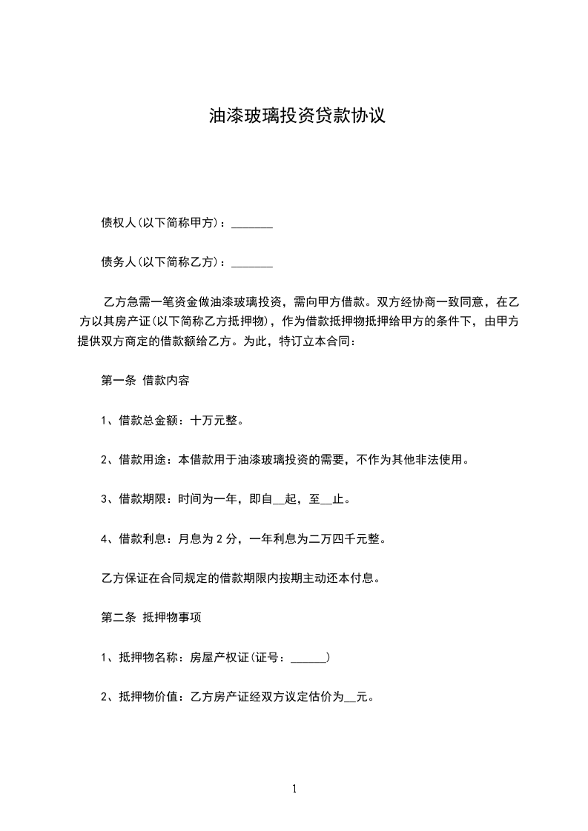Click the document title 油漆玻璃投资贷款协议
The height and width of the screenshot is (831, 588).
(297, 116)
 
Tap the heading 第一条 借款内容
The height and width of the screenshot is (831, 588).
(145, 381)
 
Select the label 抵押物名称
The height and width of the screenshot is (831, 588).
(146, 657)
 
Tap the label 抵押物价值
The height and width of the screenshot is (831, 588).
(146, 696)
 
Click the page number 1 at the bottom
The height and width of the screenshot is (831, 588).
(294, 789)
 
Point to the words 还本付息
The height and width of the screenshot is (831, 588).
(354, 578)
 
